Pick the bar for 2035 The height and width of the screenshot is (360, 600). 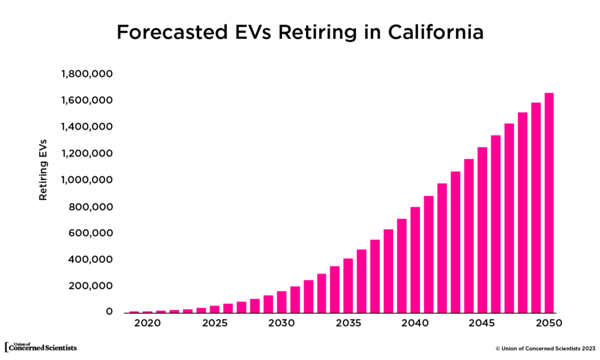point(348,286)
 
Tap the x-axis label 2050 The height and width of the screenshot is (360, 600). point(549,323)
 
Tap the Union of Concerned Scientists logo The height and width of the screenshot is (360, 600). point(41,347)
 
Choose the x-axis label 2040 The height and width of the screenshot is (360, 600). point(415,323)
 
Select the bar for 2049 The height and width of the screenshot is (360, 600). point(536,208)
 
